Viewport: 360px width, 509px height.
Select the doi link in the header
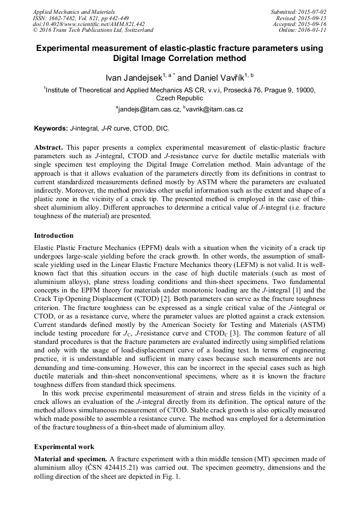[88, 24]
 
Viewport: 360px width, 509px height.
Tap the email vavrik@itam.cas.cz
[215, 109]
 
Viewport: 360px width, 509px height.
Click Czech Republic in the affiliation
[179, 98]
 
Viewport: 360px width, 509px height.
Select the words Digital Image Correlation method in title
[179, 58]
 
